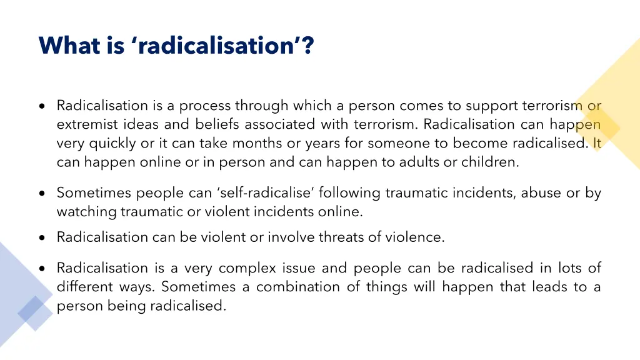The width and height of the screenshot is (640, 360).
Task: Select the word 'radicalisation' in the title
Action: point(214,46)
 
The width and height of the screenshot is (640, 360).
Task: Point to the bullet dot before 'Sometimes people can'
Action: point(41,194)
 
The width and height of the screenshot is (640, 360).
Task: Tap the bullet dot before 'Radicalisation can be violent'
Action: point(41,238)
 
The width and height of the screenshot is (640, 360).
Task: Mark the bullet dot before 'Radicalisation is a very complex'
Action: point(41,269)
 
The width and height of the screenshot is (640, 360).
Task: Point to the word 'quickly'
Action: point(113,144)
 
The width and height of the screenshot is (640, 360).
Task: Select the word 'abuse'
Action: point(541,193)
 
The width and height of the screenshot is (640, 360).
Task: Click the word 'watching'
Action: point(87,212)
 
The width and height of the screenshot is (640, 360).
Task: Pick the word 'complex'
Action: point(247,269)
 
